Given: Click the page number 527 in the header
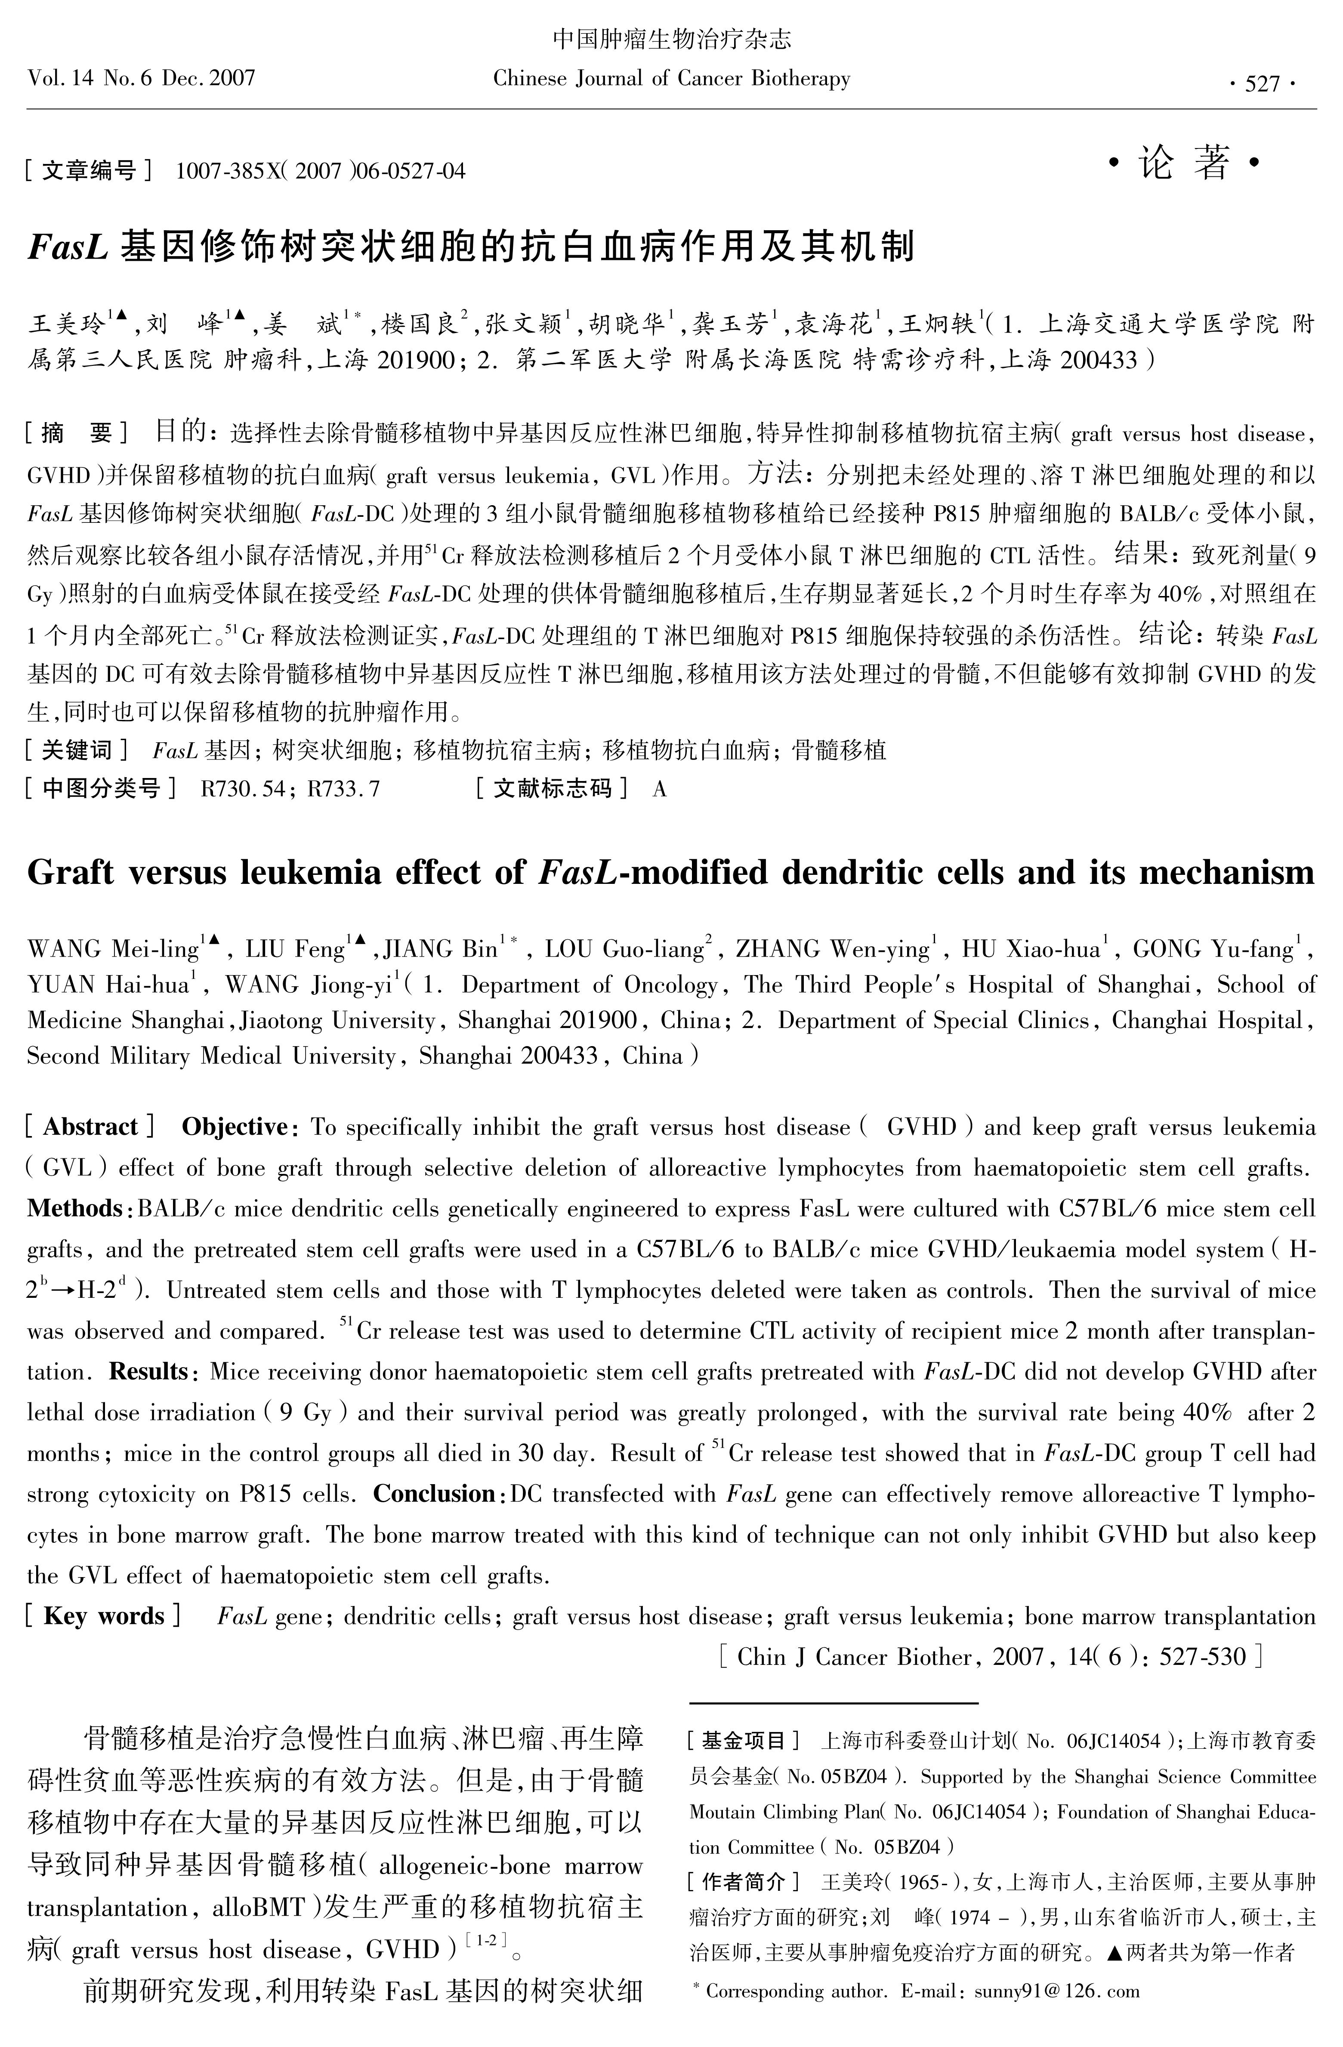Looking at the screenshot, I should pos(1262,83).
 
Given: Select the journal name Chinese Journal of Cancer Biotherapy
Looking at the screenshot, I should pos(671,79).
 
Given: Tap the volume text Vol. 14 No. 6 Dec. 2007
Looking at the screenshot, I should pos(142,79).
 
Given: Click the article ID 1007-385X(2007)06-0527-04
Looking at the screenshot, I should pos(320,171).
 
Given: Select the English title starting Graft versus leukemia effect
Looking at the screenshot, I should pos(671,873).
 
